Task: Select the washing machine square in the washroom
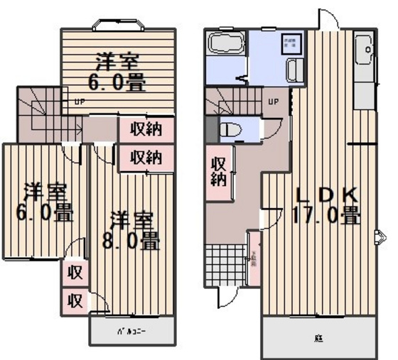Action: point(291,42)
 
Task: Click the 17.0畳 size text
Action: point(326,215)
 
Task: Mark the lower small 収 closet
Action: point(74,299)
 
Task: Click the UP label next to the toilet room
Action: point(273,102)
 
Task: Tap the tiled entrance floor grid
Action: point(225,265)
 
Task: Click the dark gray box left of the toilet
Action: point(209,129)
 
